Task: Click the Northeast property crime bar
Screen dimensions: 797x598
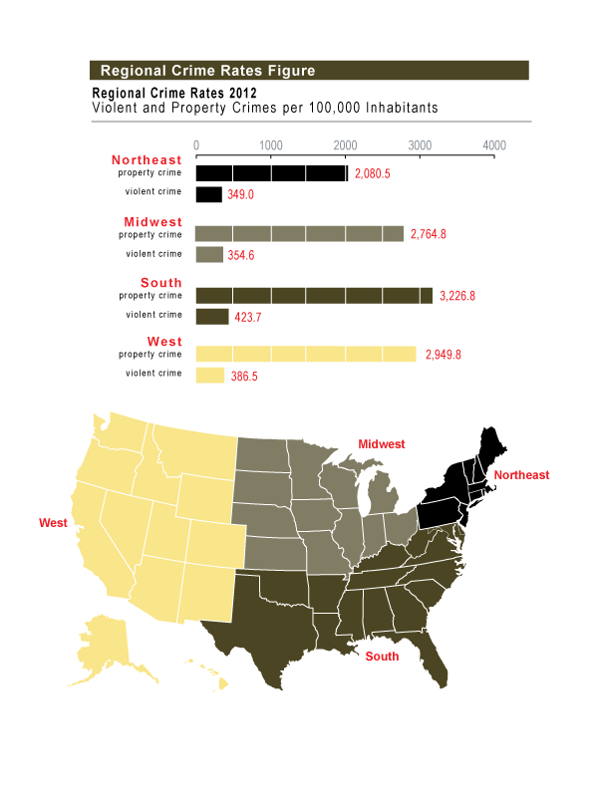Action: pos(271,173)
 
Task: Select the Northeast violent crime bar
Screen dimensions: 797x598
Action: pos(208,194)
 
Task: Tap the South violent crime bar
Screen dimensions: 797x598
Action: pos(212,317)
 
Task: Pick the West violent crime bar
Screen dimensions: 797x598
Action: pos(210,376)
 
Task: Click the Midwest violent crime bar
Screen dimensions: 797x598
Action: pos(209,255)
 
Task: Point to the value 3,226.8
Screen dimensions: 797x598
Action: pos(462,296)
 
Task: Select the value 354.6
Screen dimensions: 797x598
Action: pos(246,256)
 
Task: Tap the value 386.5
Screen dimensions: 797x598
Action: pos(245,378)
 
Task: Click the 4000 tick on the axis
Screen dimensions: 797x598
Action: pos(494,144)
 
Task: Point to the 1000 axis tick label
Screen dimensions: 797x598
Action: pos(270,144)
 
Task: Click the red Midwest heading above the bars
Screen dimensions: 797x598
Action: pos(152,221)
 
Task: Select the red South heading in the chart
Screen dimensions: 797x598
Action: pos(161,283)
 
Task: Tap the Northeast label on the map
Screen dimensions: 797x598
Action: pos(521,475)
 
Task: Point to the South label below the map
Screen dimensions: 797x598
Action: pos(382,657)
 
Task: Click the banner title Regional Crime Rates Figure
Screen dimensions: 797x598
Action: pos(208,71)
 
